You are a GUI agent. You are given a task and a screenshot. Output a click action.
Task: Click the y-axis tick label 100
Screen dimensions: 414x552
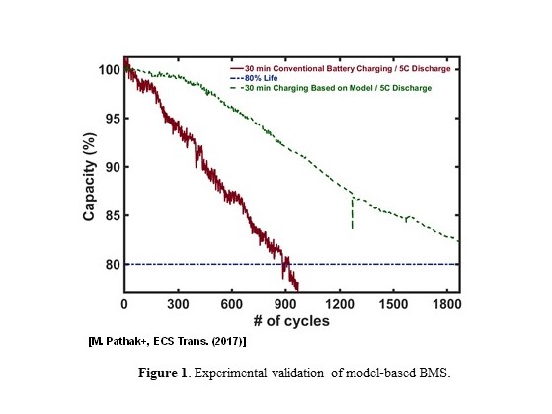[x=107, y=71]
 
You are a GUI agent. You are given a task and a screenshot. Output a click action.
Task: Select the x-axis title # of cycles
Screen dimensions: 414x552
[x=291, y=322]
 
